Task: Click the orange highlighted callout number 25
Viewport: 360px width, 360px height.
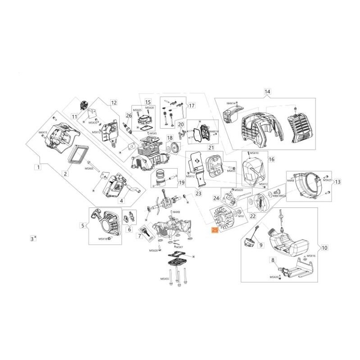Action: pos(215,230)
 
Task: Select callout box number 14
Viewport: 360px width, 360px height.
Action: pos(267,92)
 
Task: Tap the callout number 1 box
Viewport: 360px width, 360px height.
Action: pos(39,167)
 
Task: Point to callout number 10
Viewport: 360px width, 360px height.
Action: pos(324,247)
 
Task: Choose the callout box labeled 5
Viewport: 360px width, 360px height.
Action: pos(82,225)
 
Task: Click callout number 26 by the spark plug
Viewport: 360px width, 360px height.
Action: pos(129,116)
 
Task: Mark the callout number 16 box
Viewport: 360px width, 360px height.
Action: pos(271,159)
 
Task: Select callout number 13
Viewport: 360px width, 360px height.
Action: pos(338,182)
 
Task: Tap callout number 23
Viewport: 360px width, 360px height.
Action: pos(198,194)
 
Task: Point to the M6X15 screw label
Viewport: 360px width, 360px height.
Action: pos(43,132)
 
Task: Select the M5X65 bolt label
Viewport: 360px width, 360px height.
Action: pos(89,168)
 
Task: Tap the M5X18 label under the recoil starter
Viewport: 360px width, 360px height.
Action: pos(103,238)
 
